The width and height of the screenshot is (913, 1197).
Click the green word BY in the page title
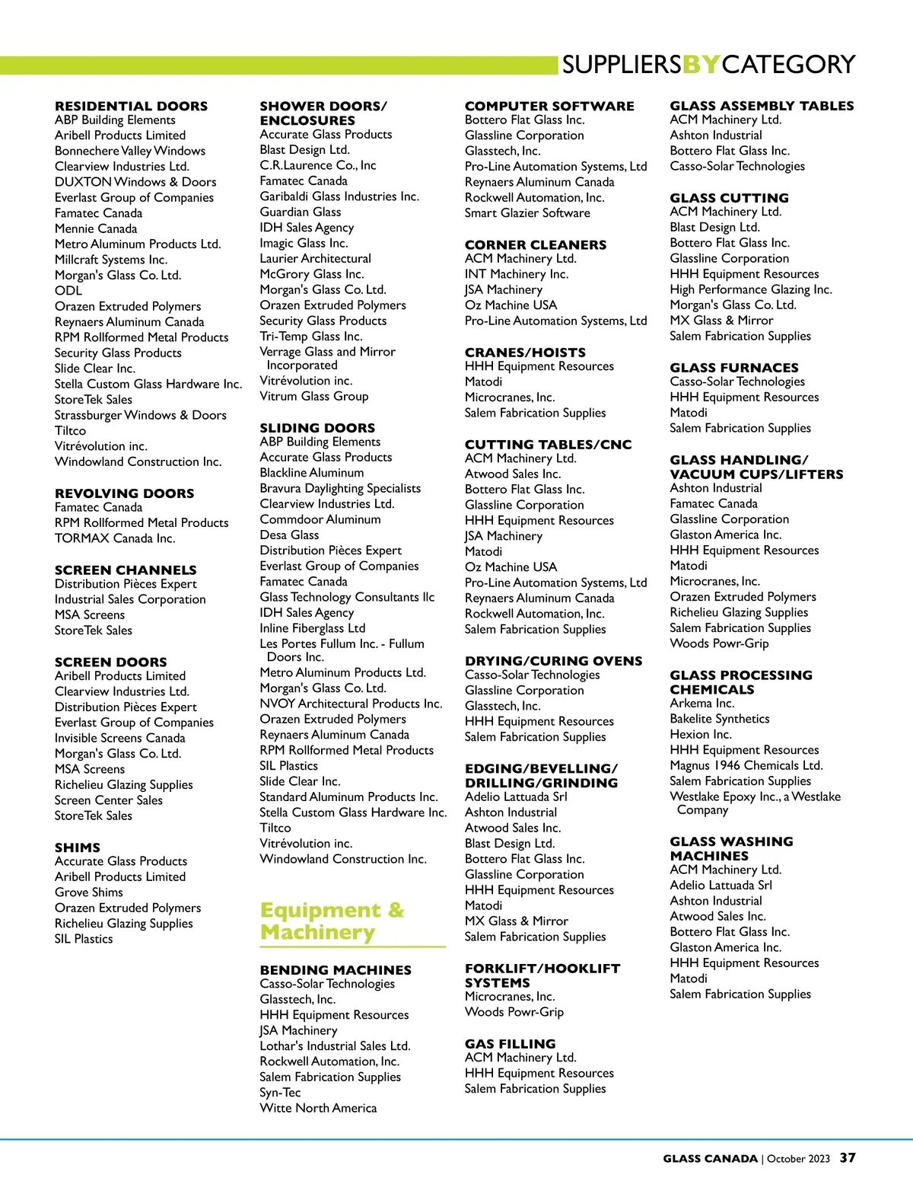701,65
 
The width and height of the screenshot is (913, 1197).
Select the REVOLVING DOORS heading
124,493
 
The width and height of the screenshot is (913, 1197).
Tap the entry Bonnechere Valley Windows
129,151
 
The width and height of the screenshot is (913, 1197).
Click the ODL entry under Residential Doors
68,290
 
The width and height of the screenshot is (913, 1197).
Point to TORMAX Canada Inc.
115,538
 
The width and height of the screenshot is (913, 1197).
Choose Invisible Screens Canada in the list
119,738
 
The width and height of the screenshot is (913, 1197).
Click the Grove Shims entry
88,892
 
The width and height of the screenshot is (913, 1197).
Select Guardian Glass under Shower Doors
300,212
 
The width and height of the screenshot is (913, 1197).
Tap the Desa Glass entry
289,535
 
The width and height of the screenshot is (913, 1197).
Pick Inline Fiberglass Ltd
312,628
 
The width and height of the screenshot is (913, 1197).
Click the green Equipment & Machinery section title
332,921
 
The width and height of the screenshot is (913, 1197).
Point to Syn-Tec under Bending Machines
280,1093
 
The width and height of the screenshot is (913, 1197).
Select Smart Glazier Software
527,213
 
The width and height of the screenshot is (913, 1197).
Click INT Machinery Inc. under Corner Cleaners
517,274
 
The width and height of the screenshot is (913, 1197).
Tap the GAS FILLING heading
510,1044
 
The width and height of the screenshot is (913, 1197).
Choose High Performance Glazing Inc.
750,289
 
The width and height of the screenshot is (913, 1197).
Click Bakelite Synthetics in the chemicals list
719,719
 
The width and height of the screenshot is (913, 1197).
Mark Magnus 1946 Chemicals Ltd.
746,765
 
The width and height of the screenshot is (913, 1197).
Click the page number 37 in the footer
848,1158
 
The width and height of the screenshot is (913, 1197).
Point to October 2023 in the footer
798,1159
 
